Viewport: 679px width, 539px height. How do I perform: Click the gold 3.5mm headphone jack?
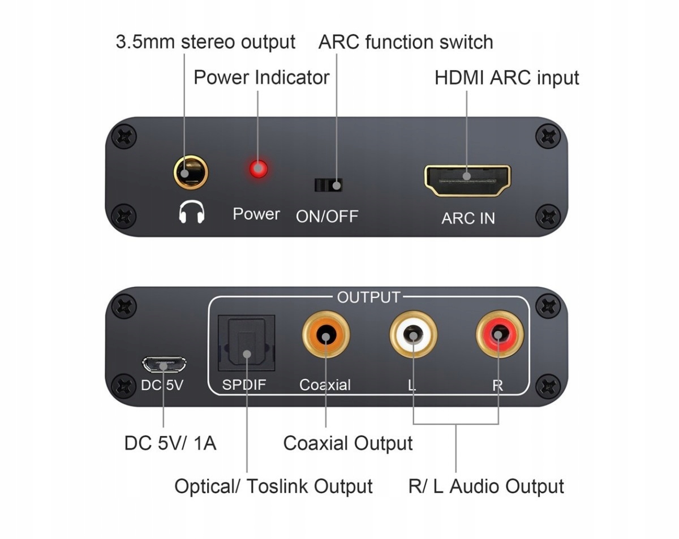[x=191, y=172]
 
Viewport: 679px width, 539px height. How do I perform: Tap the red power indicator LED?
[x=259, y=169]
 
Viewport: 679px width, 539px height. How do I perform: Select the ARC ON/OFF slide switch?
[x=329, y=185]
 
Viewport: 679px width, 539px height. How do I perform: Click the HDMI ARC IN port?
[x=467, y=180]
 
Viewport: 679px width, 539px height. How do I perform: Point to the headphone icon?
[x=191, y=213]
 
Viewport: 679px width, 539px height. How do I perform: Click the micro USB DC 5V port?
[x=164, y=364]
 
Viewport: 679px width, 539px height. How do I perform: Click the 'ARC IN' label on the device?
[x=468, y=218]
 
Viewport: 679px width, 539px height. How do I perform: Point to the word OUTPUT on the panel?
[x=368, y=297]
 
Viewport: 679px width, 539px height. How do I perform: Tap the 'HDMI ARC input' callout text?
[x=506, y=78]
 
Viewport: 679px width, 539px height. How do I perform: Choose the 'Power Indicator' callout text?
[x=261, y=77]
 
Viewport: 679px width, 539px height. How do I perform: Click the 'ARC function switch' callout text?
[x=406, y=42]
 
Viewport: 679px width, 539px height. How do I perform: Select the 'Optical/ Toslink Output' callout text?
[x=273, y=486]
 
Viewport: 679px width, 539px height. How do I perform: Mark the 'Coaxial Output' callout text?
[x=348, y=443]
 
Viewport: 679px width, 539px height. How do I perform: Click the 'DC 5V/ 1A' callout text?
[x=170, y=443]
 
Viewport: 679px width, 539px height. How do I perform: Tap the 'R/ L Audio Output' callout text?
[x=486, y=486]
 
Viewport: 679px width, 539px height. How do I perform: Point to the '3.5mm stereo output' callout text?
[x=205, y=42]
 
